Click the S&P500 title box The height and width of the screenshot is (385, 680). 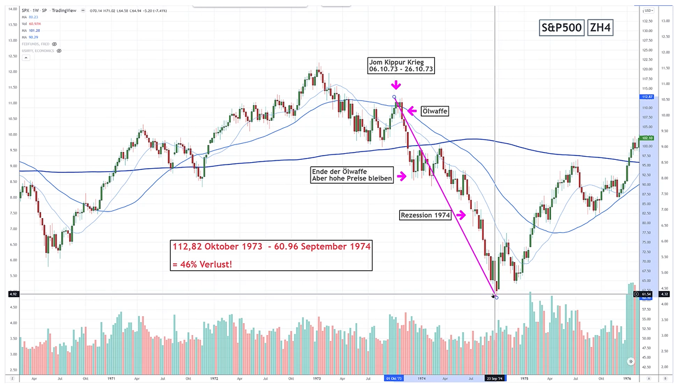[561, 27]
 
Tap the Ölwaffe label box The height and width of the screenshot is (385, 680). [434, 111]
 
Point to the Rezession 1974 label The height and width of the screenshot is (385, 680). [425, 216]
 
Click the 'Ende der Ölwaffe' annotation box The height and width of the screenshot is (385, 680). [352, 175]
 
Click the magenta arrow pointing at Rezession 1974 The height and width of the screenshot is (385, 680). [460, 216]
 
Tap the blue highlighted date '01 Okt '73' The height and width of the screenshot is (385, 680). [394, 378]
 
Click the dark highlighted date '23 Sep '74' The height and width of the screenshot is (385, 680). [495, 378]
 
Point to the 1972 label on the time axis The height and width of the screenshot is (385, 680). [214, 378]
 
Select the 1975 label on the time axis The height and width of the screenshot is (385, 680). [524, 378]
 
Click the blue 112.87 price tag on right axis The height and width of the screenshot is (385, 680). [646, 97]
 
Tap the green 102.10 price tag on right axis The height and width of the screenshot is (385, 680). [646, 138]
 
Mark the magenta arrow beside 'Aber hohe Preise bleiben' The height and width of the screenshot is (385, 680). [402, 176]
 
